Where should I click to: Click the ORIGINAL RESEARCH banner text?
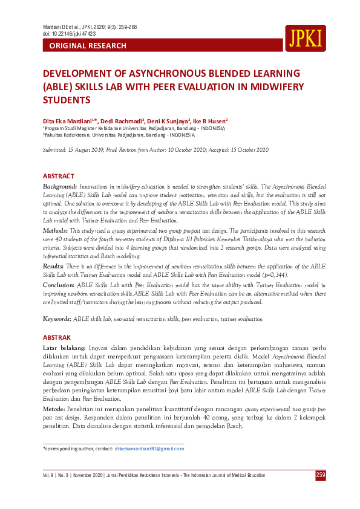coord(88,46)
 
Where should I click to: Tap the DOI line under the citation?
coord(70,34)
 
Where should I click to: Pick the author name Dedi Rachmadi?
coord(119,120)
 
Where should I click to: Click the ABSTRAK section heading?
coord(57,337)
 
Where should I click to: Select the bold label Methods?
coord(55,231)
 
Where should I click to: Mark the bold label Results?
coord(54,266)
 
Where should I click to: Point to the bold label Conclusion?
coord(59,284)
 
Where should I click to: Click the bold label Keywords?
coord(57,319)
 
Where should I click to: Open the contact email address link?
coord(149,449)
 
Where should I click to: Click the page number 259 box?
coord(321,475)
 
